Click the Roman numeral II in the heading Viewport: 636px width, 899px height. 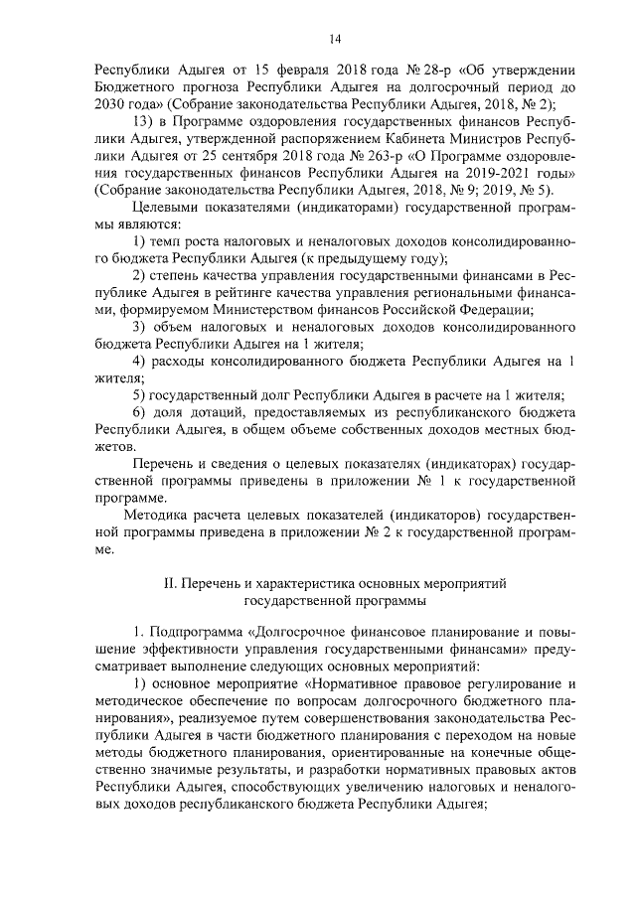click(169, 584)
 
